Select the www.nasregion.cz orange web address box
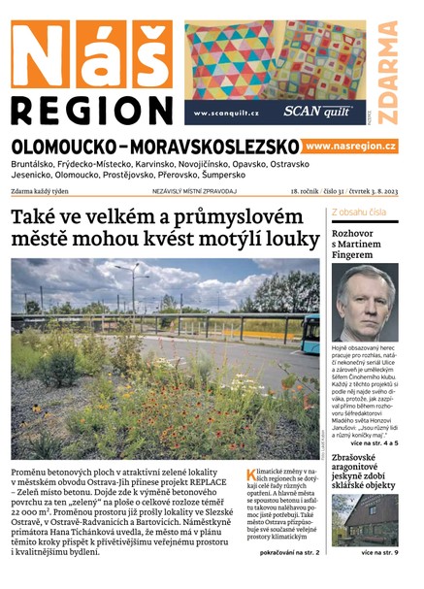coord(350,146)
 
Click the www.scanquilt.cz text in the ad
coord(226,114)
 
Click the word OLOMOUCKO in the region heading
coord(71,147)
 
